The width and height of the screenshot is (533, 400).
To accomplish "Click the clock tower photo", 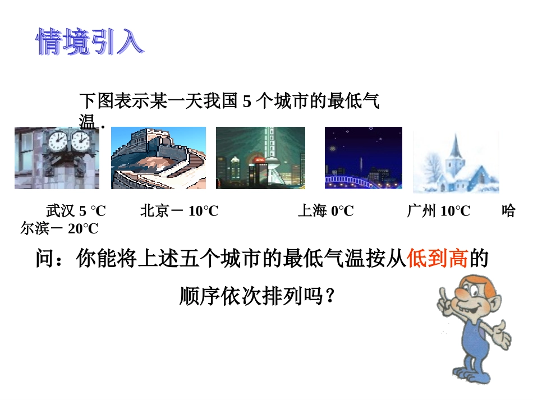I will pyautogui.click(x=57, y=158).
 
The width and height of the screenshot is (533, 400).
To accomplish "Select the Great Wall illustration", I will pyautogui.click(x=158, y=158).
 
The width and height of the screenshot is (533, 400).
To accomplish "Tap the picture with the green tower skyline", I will pyautogui.click(x=260, y=158).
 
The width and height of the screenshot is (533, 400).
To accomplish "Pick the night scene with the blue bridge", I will pyautogui.click(x=364, y=158).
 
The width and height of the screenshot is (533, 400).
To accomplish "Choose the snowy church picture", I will pyautogui.click(x=456, y=162).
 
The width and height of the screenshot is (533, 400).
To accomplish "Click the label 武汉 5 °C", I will pyautogui.click(x=76, y=211).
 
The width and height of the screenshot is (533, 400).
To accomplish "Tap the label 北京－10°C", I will pyautogui.click(x=179, y=211).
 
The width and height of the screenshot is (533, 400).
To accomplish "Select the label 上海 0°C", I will pyautogui.click(x=325, y=211).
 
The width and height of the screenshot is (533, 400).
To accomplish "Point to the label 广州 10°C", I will pyautogui.click(x=439, y=211).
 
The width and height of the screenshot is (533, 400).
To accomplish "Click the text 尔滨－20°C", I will pyautogui.click(x=59, y=229).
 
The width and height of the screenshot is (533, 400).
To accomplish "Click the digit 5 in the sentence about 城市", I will pyautogui.click(x=247, y=102).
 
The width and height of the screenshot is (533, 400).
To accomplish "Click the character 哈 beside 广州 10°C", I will pyautogui.click(x=508, y=211).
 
